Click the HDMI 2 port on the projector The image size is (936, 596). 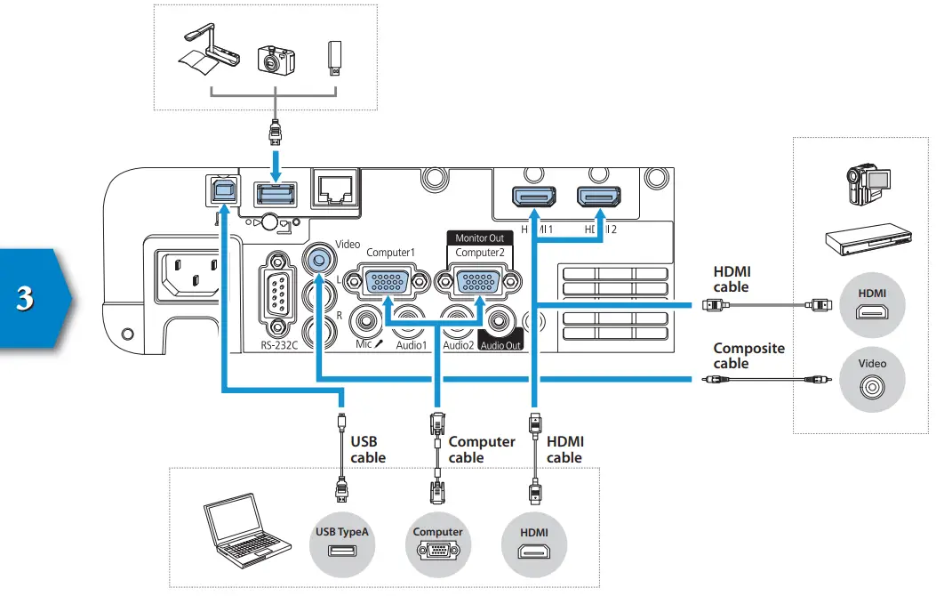click(598, 198)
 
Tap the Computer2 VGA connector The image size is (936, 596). click(478, 284)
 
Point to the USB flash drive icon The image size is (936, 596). click(333, 58)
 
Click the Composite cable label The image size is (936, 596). click(748, 356)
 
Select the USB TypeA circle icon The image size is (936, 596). click(342, 544)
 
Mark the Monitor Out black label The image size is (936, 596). click(479, 238)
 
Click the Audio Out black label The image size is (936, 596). click(500, 345)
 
